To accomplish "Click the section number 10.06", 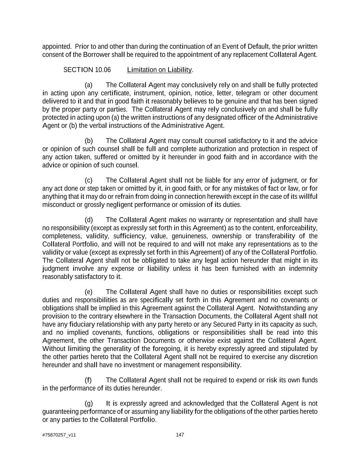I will tap(103, 70).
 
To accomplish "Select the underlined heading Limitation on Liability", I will tap(159, 70).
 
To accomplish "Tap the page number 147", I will tap(180, 435).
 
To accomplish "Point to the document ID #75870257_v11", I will tap(59, 435).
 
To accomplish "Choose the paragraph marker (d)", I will tap(89, 220).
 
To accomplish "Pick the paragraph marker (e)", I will tap(89, 292).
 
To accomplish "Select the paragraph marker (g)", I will tap(89, 404).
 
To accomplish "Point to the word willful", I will tap(308, 197).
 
